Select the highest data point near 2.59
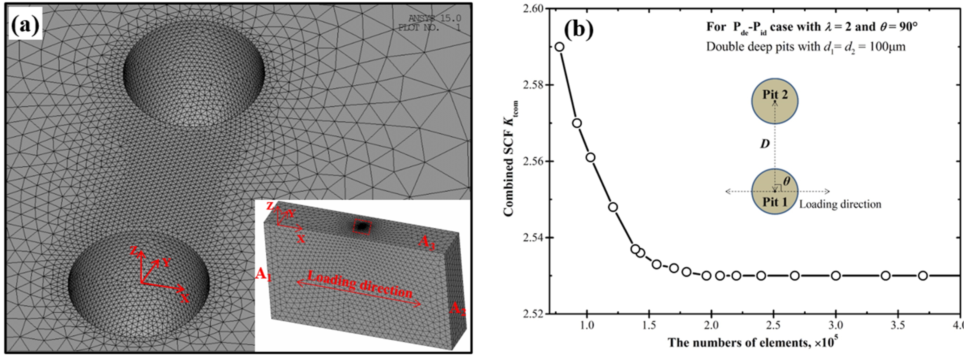tap(559, 47)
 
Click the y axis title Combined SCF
tap(510, 159)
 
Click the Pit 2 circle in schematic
tap(775, 101)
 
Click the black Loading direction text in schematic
tap(840, 204)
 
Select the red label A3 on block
tap(426, 242)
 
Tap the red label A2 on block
tap(457, 309)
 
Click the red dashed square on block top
tap(361, 227)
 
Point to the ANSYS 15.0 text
tap(434, 18)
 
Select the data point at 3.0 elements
tap(835, 276)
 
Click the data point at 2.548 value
tap(613, 207)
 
